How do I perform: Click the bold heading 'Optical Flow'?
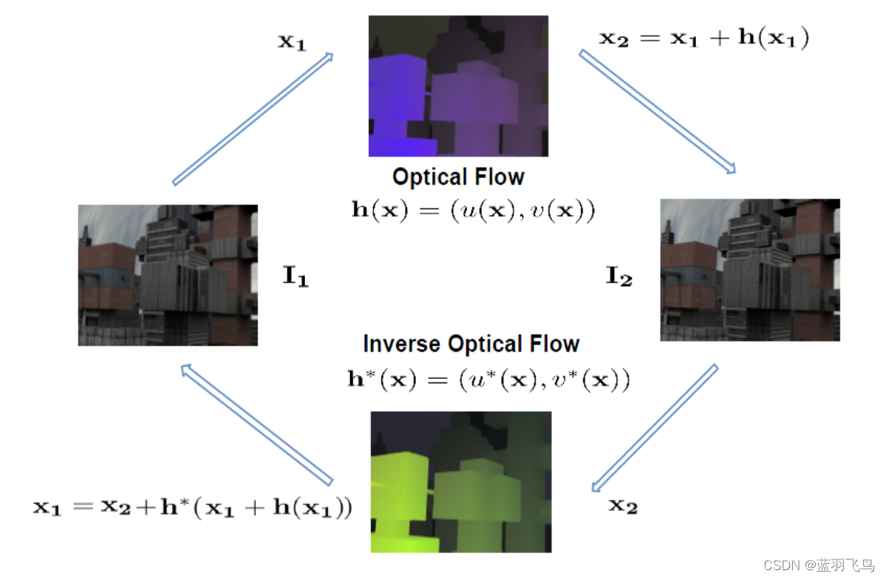click(458, 177)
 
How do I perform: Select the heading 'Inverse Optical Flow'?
click(471, 344)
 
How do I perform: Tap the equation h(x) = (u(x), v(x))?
click(473, 210)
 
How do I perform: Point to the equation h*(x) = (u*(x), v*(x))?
click(488, 380)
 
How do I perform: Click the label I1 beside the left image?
click(296, 278)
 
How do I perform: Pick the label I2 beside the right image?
click(618, 278)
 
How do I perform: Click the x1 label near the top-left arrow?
click(291, 42)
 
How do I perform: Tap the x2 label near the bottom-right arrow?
click(623, 505)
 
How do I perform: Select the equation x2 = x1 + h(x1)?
click(704, 39)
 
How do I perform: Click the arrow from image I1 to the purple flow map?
click(253, 118)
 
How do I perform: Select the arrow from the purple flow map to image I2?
click(657, 111)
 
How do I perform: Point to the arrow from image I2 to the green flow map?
click(654, 427)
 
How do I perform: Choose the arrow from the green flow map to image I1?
click(257, 424)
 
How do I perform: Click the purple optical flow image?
click(458, 86)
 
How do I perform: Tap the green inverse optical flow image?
click(461, 482)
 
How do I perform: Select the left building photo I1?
click(168, 275)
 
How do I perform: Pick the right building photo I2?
click(750, 270)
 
